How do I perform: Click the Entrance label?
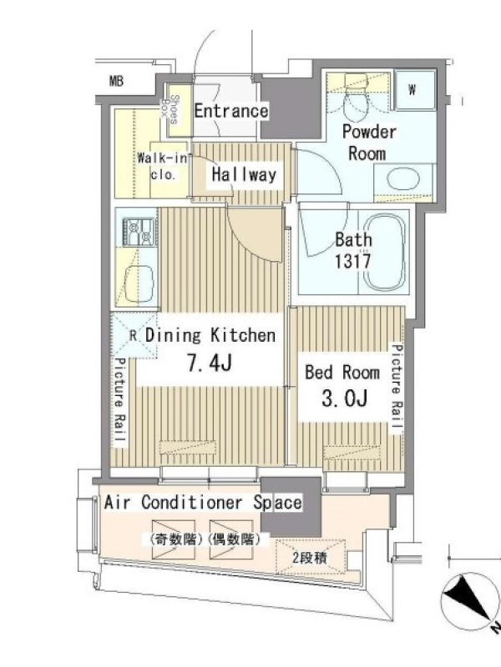(231, 111)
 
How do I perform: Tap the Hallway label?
(244, 175)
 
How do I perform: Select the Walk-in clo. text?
(162, 166)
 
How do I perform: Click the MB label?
(116, 81)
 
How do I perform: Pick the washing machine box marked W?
(414, 90)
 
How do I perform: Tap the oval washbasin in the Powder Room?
(403, 179)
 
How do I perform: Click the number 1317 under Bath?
(352, 261)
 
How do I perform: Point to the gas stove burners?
(139, 232)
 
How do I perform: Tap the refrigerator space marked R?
(134, 335)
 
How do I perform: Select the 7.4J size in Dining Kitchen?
(210, 364)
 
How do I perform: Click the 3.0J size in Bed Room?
(344, 399)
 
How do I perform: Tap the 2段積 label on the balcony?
(310, 558)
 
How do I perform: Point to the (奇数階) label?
(175, 539)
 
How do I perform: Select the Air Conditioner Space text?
(203, 503)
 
